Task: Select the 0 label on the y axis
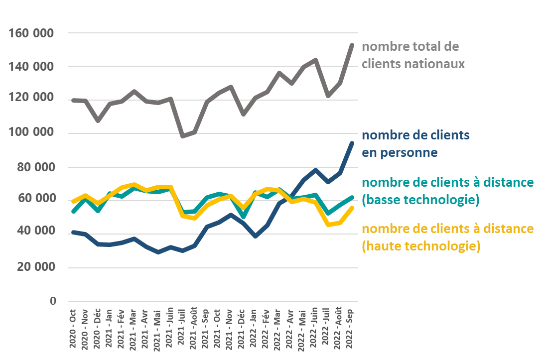(x=52, y=301)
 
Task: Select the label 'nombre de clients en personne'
(x=415, y=143)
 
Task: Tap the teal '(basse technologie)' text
(x=420, y=200)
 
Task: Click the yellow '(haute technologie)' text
(x=421, y=246)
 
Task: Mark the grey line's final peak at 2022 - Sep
(x=352, y=45)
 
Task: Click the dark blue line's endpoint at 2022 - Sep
(x=352, y=143)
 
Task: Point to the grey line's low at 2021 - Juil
(x=182, y=136)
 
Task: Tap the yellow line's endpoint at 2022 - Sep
(x=352, y=208)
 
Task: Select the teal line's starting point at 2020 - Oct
(x=73, y=212)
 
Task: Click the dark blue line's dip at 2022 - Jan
(x=256, y=236)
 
